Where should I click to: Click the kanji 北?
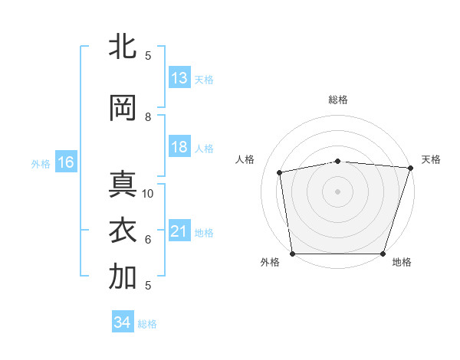(123, 47)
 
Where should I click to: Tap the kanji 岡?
(123, 108)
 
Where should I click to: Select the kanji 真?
(123, 186)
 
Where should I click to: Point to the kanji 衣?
(123, 231)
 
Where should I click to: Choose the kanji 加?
(123, 277)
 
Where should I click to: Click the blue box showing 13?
(179, 78)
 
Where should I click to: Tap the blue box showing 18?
(179, 148)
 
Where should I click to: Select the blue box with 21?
(179, 232)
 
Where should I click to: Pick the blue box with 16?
(66, 162)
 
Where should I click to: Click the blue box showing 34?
(122, 322)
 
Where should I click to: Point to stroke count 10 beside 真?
(148, 194)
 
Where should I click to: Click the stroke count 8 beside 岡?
(148, 117)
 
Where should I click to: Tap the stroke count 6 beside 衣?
(148, 240)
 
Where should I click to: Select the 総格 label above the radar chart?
(338, 100)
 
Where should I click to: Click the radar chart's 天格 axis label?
(431, 159)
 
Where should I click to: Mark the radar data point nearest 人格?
(281, 172)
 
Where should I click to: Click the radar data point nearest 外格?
(292, 254)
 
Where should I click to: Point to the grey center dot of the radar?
(338, 191)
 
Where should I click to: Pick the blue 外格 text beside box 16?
(41, 163)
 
